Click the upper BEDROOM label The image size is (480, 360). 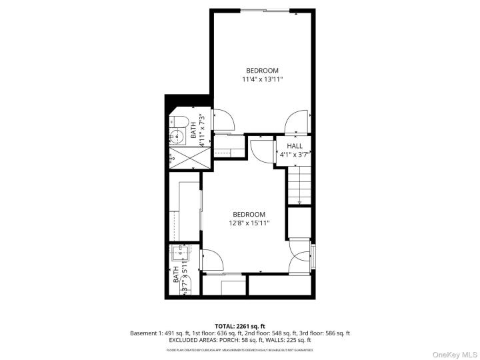pos(262,70)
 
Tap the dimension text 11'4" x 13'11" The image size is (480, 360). pos(262,79)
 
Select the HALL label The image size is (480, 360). pos(295,145)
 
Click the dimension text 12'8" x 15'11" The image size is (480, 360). pos(249,223)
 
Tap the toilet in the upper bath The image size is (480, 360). pos(177,121)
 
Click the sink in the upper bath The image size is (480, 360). pos(176,138)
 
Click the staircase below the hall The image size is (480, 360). pos(299,187)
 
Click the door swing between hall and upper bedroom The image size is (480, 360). pos(294,122)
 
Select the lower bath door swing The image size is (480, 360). pos(212,261)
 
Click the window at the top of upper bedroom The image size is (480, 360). pos(265,10)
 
